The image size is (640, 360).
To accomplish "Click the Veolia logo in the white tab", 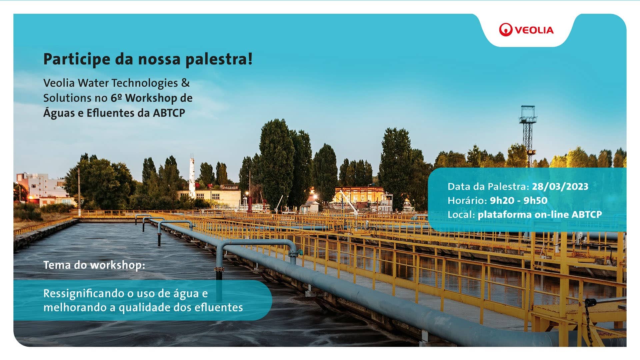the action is pyautogui.click(x=526, y=30).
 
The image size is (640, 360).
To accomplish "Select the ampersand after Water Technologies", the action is pyautogui.click(x=185, y=83).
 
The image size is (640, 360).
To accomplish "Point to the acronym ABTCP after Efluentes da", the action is pyautogui.click(x=169, y=113).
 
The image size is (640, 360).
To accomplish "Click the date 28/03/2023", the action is pyautogui.click(x=560, y=186).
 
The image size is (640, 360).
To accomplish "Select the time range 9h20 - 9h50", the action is pyautogui.click(x=519, y=200).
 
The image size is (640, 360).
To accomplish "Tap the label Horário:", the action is pyautogui.click(x=467, y=200).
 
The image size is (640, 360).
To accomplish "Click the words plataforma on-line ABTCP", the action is pyautogui.click(x=540, y=214).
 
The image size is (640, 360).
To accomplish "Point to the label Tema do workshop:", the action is pyautogui.click(x=94, y=265).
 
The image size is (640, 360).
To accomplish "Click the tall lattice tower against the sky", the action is pyautogui.click(x=528, y=136).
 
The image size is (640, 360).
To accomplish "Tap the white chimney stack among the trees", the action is pyautogui.click(x=192, y=177).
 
